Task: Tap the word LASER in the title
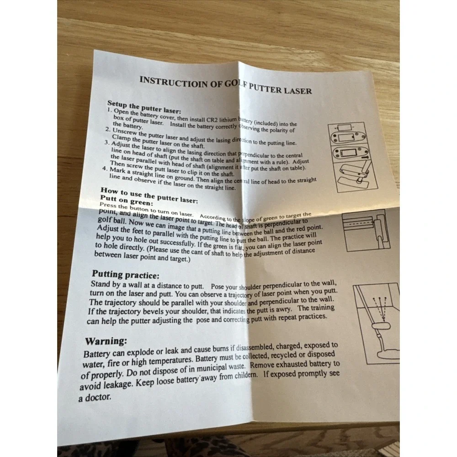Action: [x=298, y=90]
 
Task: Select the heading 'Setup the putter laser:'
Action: [x=144, y=107]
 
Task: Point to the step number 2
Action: [x=108, y=129]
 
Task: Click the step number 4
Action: [x=105, y=169]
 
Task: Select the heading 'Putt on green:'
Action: [x=126, y=201]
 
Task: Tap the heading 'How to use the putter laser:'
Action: [x=149, y=195]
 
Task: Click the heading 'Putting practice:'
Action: [x=126, y=275]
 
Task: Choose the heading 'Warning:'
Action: [x=106, y=341]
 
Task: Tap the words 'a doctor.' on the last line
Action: [x=95, y=397]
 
